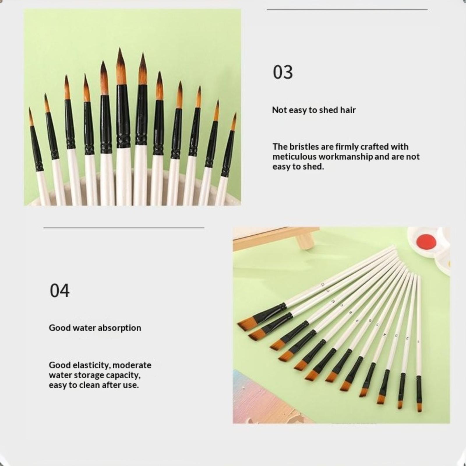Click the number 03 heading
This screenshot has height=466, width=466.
click(283, 72)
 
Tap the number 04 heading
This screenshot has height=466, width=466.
click(60, 290)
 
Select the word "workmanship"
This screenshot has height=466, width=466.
click(345, 157)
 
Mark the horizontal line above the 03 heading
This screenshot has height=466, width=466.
click(347, 10)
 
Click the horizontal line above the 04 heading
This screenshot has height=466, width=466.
click(124, 228)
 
